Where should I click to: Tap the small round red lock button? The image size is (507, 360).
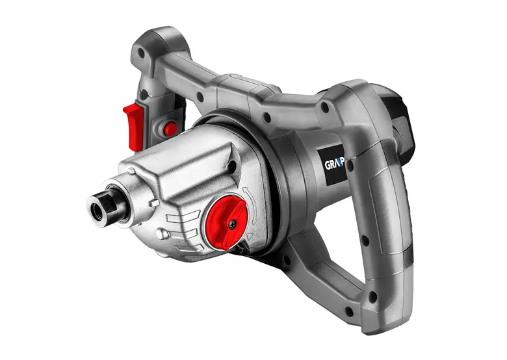pyautogui.click(x=170, y=129)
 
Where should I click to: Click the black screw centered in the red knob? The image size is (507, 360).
pyautogui.click(x=231, y=224)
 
